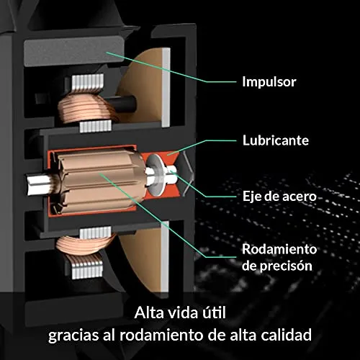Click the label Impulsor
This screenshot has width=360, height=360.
269,82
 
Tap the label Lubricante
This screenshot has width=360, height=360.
276,140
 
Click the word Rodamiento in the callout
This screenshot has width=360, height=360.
279,249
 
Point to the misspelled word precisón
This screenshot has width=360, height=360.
287,266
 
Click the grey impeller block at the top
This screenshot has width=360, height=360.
73,51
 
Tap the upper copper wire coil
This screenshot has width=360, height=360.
86,107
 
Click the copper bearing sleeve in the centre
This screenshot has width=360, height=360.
101,180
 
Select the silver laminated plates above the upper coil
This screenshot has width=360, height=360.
88,82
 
